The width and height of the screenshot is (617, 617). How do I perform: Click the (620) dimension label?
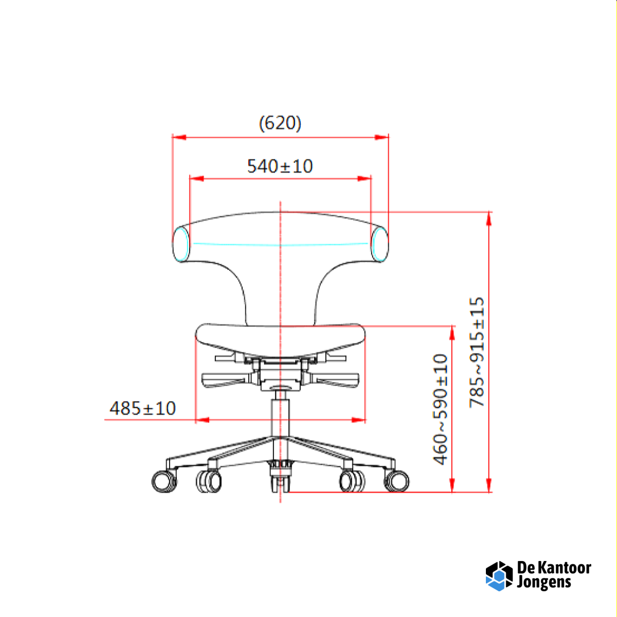280,123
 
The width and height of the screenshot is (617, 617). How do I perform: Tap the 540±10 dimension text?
280,166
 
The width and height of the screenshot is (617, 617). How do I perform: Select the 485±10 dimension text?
143,408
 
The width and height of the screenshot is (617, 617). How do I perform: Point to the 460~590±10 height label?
441,409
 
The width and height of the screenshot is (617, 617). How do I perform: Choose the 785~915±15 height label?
477,353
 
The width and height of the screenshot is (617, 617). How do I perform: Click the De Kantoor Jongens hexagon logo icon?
499,576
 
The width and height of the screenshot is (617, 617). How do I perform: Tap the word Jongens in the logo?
544,583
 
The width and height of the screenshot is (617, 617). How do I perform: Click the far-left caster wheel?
164,481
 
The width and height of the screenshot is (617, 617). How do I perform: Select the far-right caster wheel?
396,481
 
